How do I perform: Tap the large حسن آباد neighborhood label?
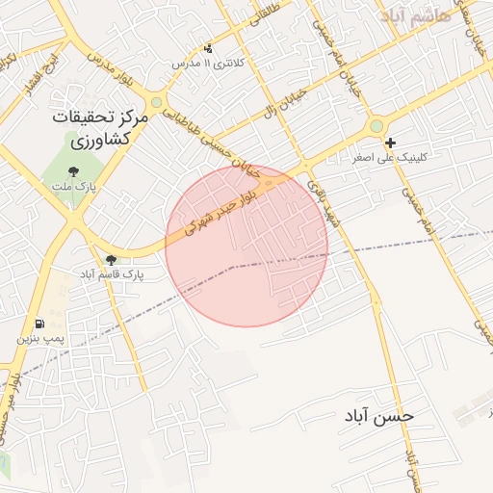tap(380, 416)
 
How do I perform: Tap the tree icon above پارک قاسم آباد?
tap(112, 260)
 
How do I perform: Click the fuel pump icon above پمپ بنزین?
tap(39, 324)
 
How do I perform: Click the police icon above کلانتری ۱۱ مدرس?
tap(209, 48)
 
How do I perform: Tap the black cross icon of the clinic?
tap(390, 143)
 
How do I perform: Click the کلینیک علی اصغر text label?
tap(391, 156)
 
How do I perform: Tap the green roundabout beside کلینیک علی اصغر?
tap(376, 126)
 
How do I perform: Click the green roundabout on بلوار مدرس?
tap(156, 101)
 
